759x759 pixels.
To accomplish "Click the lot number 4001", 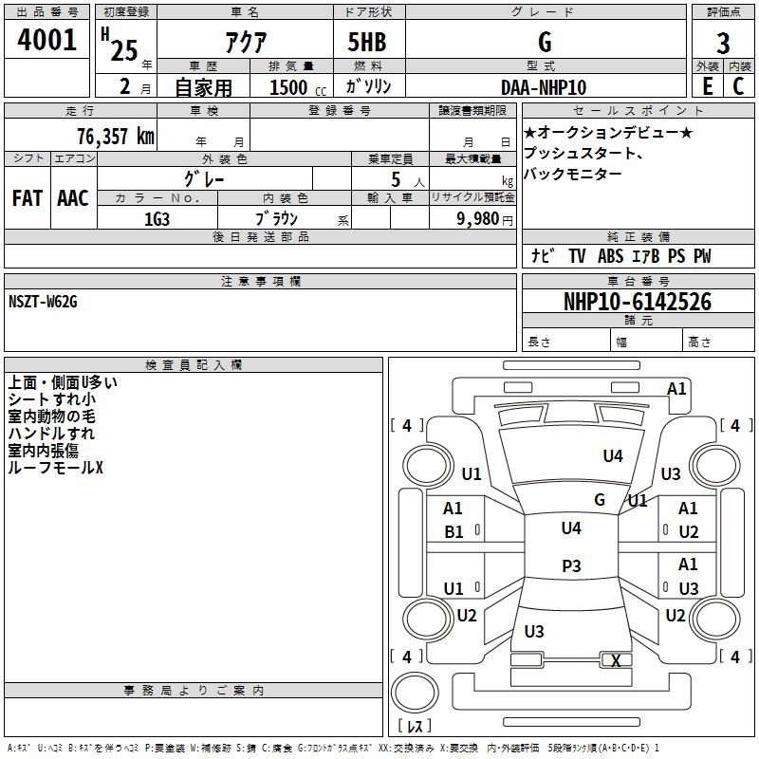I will (x=47, y=42).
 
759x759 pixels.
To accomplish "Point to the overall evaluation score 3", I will (x=723, y=43).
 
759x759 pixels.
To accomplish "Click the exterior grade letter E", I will (x=707, y=86).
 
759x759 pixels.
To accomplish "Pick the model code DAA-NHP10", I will (x=544, y=87).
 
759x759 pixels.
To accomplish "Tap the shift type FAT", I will (x=28, y=197).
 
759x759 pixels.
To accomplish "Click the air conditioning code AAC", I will (x=72, y=197).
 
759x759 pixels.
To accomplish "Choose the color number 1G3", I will (x=157, y=218).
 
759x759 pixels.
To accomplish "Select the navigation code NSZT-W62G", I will (x=44, y=302).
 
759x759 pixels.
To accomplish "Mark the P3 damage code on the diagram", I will (x=571, y=566).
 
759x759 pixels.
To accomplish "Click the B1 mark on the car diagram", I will (x=454, y=532).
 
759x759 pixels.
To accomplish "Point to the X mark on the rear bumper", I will (x=617, y=661).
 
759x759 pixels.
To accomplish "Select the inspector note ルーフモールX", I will (x=55, y=468).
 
